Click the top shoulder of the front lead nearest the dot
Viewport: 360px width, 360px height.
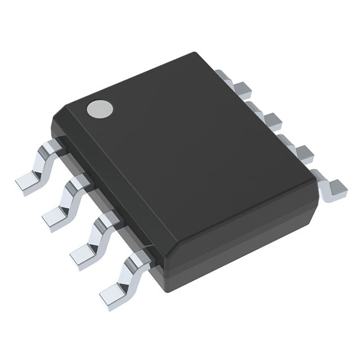tap(54, 147)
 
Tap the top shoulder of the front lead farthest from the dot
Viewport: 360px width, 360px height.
tap(138, 258)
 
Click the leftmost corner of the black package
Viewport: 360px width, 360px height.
tap(52, 121)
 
